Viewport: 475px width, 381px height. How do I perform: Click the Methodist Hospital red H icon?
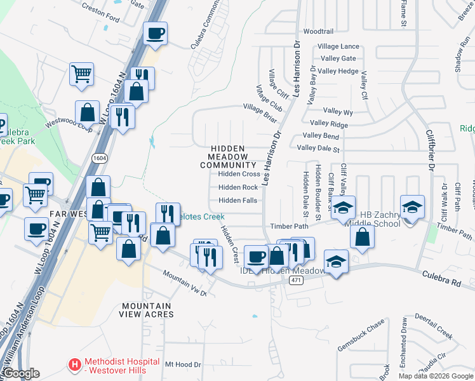75,365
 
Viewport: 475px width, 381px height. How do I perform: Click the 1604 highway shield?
98,157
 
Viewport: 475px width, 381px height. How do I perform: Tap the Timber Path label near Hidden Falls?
289,226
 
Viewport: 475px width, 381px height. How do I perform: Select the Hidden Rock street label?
238,187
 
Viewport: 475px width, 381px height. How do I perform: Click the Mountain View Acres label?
147,310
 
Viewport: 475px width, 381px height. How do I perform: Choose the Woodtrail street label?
318,31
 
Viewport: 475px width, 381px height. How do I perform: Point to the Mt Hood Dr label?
183,364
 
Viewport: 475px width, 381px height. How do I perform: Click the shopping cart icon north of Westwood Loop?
82,74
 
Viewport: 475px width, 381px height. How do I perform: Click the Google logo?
20,374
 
